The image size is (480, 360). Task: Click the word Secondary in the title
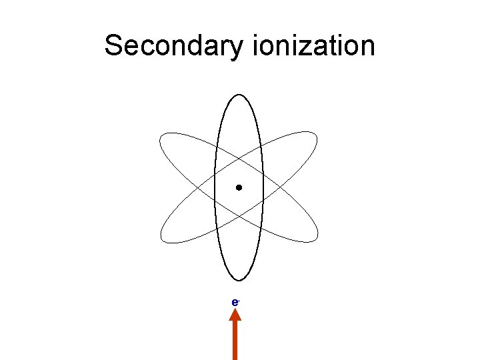176,46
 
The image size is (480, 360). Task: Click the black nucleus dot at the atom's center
239,188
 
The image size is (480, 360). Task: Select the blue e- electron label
235,302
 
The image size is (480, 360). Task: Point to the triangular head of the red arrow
235,319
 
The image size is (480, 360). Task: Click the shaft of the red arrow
235,343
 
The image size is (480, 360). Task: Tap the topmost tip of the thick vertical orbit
239,95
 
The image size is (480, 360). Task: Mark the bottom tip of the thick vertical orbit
239,280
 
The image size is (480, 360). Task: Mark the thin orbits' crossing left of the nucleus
199,188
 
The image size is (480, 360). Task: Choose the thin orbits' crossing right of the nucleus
279,188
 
